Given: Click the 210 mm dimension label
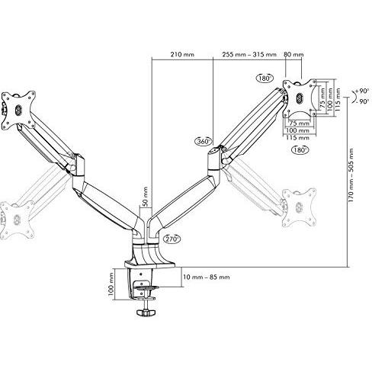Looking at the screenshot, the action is tap(182, 54).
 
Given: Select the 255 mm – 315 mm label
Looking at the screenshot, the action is tap(249, 54).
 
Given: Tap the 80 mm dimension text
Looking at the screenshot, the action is tap(293, 54).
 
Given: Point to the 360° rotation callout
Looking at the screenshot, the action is tap(204, 141).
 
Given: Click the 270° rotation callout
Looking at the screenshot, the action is tap(172, 239).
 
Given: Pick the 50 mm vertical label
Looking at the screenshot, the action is tap(145, 197).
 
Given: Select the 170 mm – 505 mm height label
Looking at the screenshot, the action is tap(351, 175).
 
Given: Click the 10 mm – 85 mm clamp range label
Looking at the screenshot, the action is tap(207, 277).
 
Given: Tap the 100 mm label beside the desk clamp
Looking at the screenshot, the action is tap(111, 284).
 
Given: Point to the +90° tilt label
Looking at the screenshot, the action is tap(363, 91).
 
